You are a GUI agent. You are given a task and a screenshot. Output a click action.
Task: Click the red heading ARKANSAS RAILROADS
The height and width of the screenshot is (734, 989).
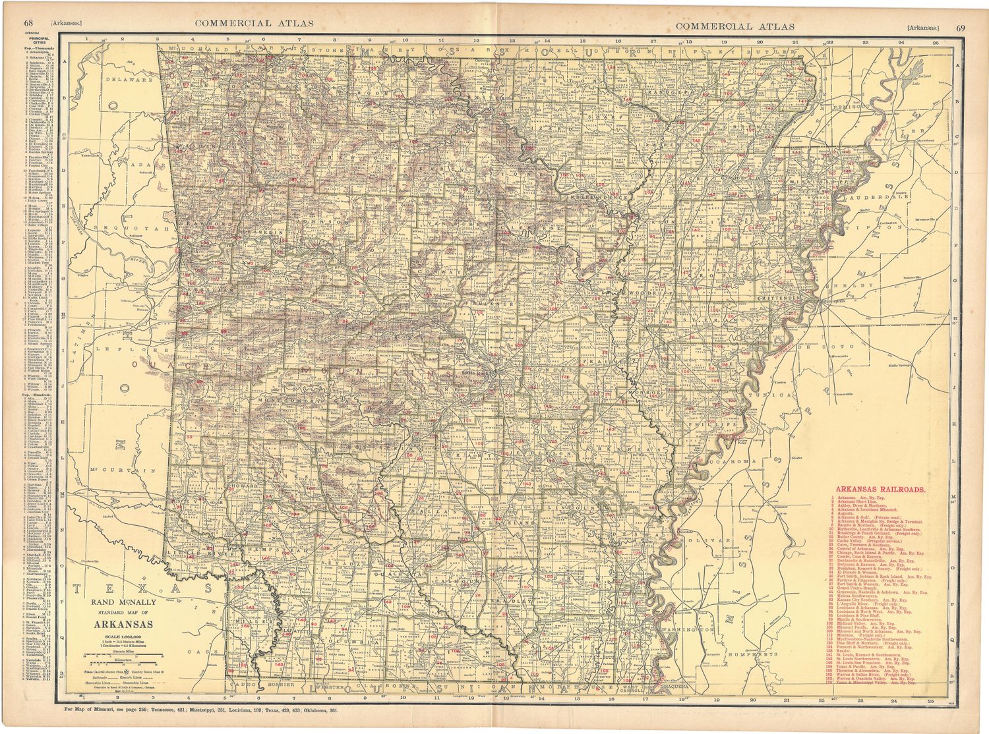[880, 490]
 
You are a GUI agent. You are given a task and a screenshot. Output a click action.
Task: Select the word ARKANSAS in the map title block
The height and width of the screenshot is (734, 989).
[123, 625]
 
